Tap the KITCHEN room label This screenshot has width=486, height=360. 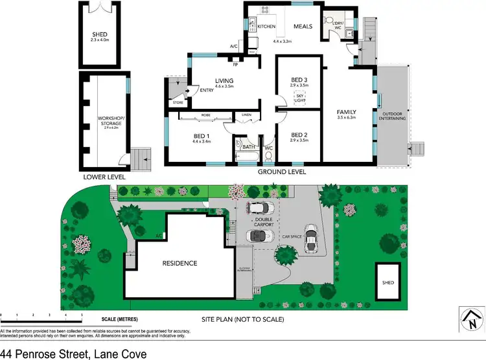pyautogui.click(x=266, y=27)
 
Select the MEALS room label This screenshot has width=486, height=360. pyautogui.click(x=303, y=27)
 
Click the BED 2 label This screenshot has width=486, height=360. pyautogui.click(x=299, y=137)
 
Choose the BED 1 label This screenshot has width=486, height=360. pyautogui.click(x=202, y=137)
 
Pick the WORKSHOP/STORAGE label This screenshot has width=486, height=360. pyautogui.click(x=107, y=120)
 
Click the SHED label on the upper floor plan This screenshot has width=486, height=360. pyautogui.click(x=99, y=34)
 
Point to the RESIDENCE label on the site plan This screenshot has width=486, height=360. pyautogui.click(x=179, y=263)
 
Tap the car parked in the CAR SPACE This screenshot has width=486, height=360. pyautogui.click(x=312, y=239)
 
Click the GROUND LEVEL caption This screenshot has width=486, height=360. pyautogui.click(x=282, y=172)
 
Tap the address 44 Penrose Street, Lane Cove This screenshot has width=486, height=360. pyautogui.click(x=73, y=353)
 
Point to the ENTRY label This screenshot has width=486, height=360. pyautogui.click(x=207, y=90)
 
